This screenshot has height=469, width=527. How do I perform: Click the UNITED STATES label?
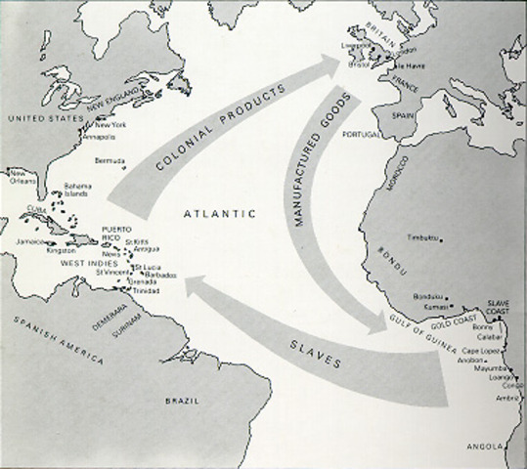pyautogui.click(x=42, y=119)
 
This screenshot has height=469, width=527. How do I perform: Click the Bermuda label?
pyautogui.click(x=110, y=160)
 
